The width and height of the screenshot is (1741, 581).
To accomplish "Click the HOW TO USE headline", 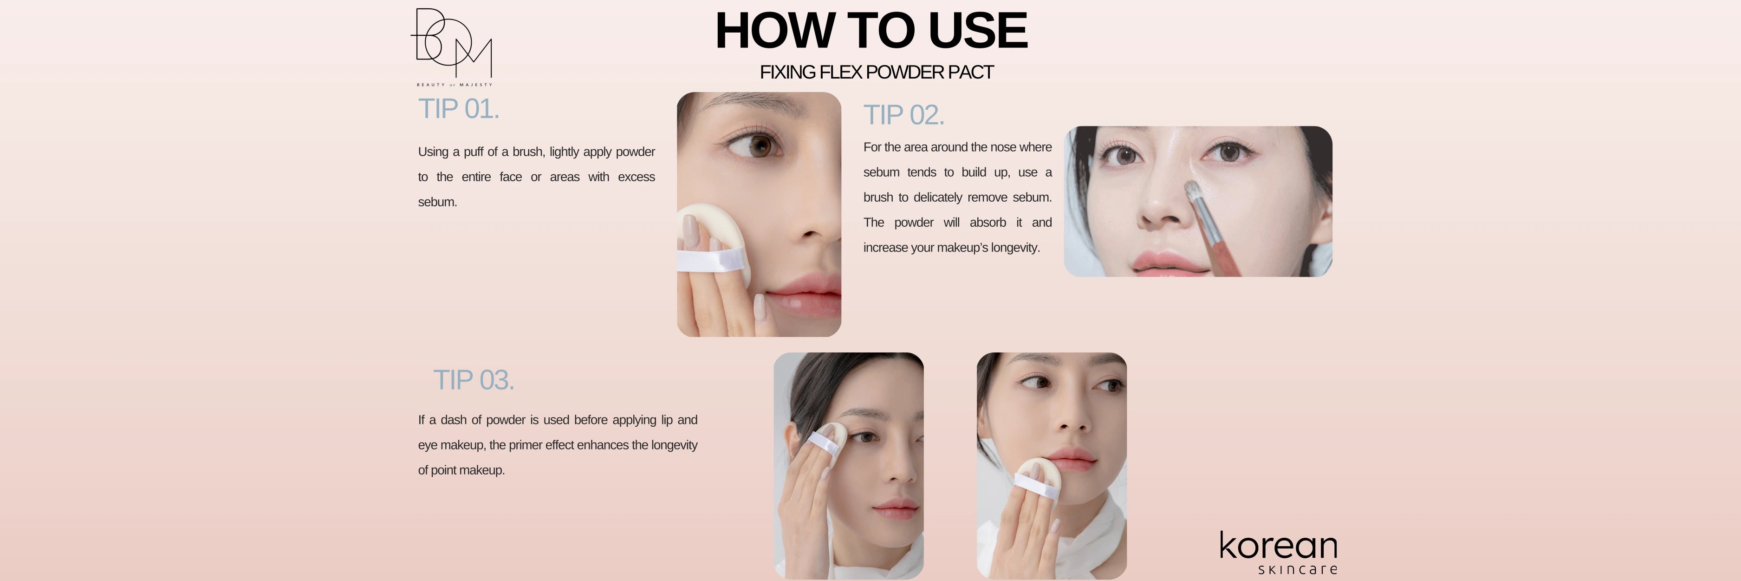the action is point(871,30).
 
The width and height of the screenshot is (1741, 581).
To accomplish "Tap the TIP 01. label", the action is point(459,109).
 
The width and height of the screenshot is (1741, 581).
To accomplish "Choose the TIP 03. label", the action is point(474,380).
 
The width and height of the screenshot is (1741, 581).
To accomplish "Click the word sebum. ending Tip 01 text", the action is point(437,202).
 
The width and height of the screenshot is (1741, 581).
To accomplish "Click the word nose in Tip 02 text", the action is point(1003,147).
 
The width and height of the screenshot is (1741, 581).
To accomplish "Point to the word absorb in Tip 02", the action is point(987,223).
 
